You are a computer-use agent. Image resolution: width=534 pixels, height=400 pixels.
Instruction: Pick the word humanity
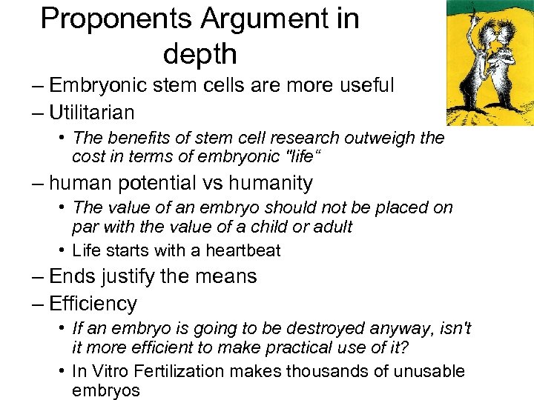[271, 182]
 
